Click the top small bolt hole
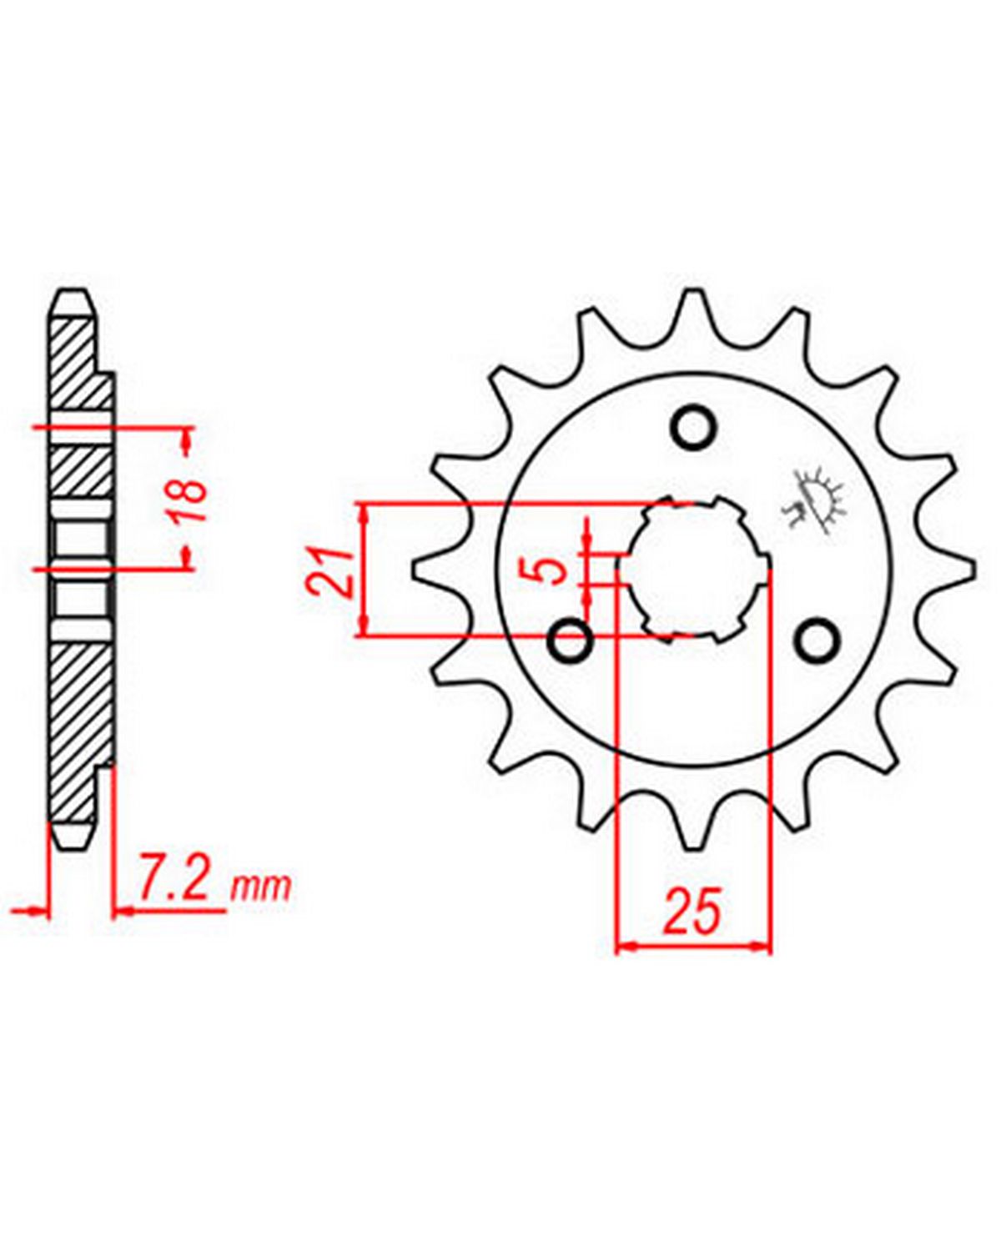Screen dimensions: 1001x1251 pyautogui.click(x=692, y=429)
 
